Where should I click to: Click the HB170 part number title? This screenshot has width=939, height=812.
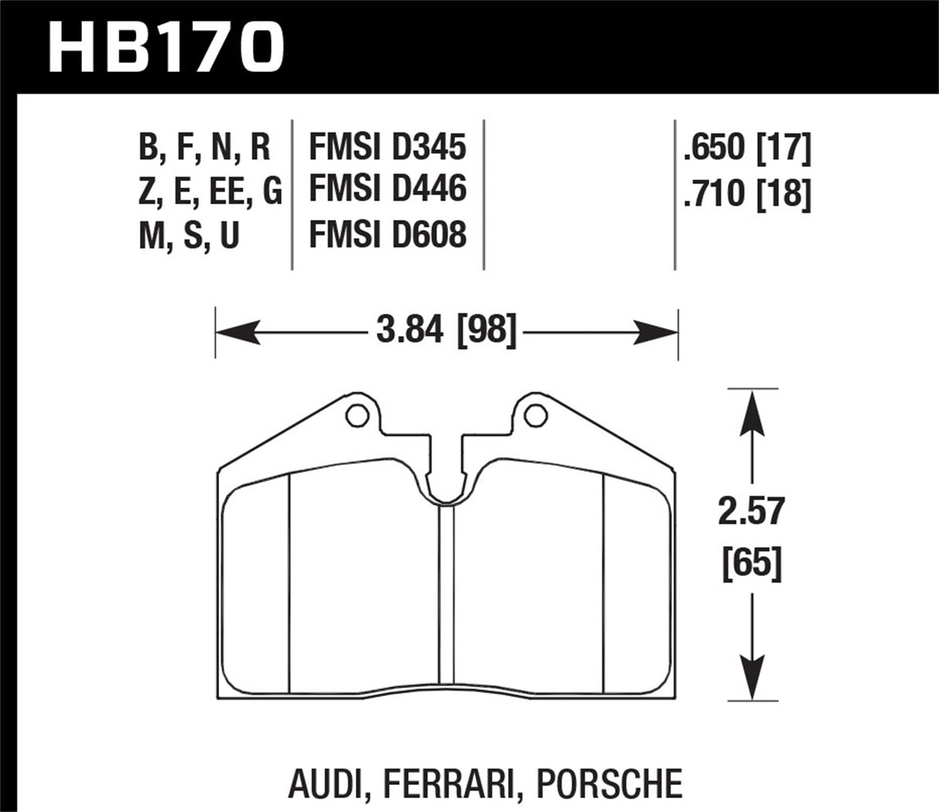pos(166,48)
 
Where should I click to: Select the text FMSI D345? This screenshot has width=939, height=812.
pos(387,147)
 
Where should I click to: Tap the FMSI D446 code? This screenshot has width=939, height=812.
pos(387,190)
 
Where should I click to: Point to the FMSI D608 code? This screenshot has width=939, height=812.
pos(387,234)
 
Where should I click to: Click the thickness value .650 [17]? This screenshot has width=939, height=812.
pos(746,147)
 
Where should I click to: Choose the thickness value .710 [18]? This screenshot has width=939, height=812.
pos(746,194)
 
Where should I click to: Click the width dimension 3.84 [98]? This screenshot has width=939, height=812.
pos(446,333)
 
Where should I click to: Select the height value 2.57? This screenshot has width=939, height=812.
pos(751,512)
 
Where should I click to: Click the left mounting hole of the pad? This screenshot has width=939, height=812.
pos(356,416)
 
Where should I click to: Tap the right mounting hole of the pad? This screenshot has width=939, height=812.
pos(534,416)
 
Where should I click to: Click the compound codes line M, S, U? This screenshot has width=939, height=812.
pos(190,235)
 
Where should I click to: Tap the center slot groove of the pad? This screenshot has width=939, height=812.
pos(446,596)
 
